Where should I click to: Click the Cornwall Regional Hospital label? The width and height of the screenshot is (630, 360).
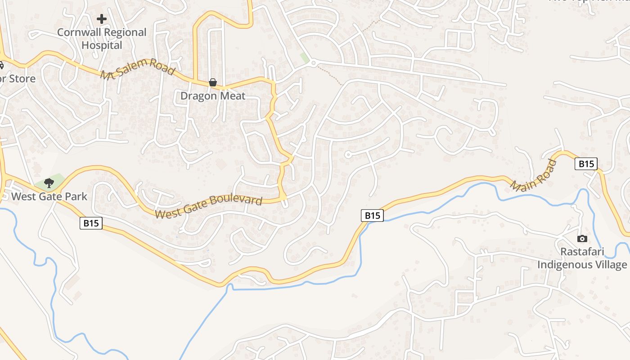[102, 39]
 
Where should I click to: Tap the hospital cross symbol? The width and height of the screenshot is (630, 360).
[102, 19]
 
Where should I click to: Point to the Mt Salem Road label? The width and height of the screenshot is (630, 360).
[137, 69]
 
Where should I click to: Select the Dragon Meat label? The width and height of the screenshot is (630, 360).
[213, 95]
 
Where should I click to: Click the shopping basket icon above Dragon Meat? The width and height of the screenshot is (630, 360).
[212, 82]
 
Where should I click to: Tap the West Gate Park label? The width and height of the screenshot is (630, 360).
[49, 196]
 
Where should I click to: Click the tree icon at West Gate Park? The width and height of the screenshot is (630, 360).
[49, 183]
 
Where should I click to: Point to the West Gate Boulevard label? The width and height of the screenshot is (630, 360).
[208, 207]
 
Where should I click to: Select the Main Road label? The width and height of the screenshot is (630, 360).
[534, 175]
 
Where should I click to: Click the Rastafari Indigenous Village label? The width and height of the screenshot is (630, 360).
[582, 258]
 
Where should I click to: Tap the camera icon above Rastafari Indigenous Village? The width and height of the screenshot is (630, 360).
[582, 238]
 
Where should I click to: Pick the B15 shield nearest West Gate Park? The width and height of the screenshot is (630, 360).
[91, 223]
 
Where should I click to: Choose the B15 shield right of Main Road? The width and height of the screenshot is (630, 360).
[586, 164]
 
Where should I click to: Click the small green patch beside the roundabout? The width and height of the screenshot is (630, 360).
[305, 58]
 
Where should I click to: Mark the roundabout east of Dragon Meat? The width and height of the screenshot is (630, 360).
[314, 63]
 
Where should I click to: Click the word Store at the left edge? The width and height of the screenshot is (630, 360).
[22, 79]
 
